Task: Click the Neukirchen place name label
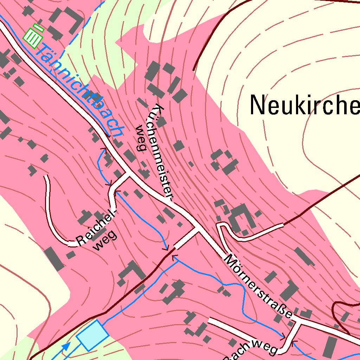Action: pos(304,105)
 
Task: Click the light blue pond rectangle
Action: pos(92,335)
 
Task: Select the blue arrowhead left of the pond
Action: pos(66,347)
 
